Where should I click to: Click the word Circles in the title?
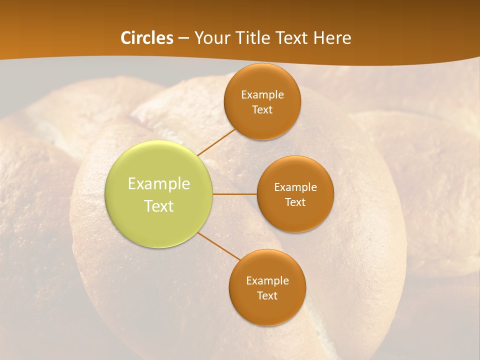[x=146, y=38]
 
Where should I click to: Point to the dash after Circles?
[x=183, y=38]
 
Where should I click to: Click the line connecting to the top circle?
[x=217, y=142]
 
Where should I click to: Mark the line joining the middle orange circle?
[x=235, y=194]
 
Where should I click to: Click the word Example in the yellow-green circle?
[x=159, y=184]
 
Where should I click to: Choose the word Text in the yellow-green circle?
[x=159, y=206]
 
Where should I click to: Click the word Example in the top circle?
[x=262, y=95]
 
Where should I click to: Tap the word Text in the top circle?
[x=262, y=109]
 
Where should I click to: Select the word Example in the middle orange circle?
[x=295, y=187]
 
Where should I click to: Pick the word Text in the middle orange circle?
[x=295, y=202]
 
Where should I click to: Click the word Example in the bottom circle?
[x=267, y=281]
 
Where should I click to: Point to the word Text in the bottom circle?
[x=267, y=295]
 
